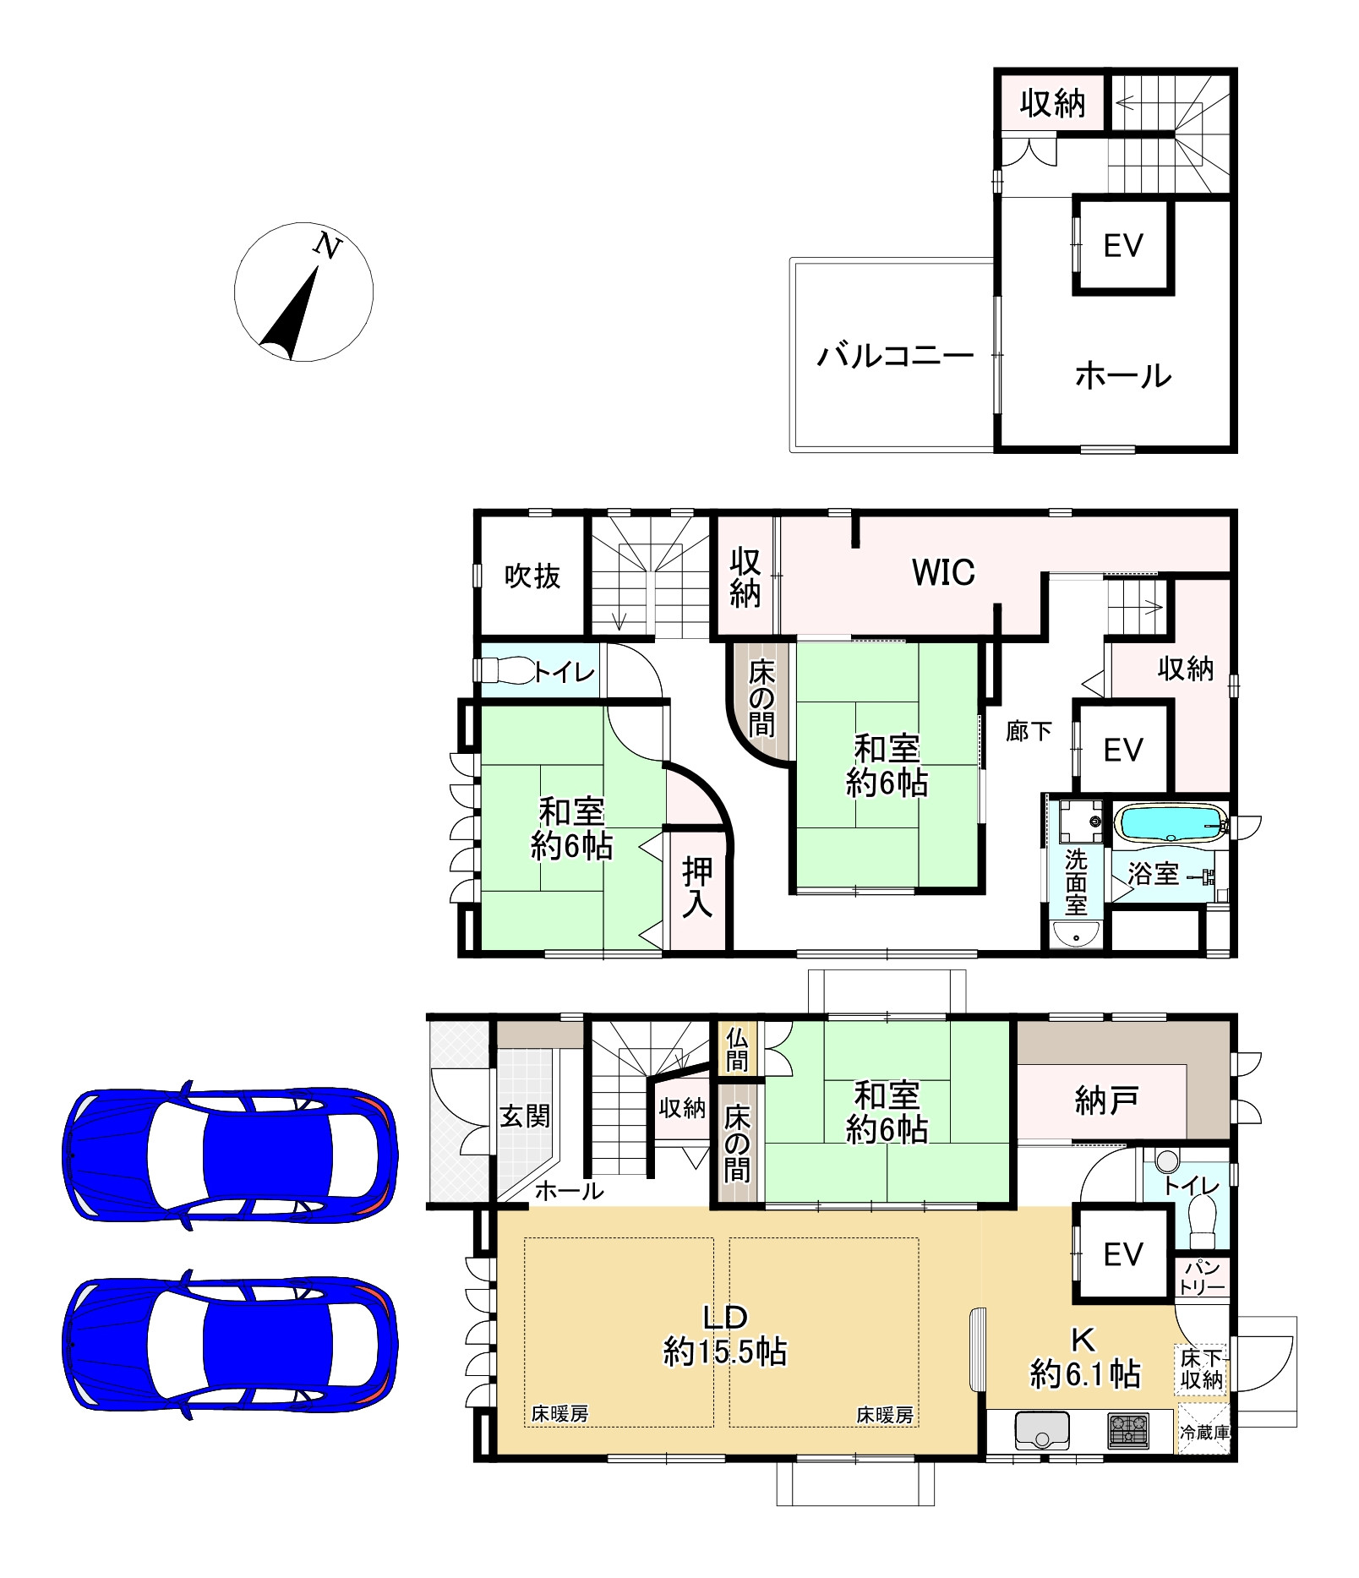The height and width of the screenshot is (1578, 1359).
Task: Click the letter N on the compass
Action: click(x=328, y=246)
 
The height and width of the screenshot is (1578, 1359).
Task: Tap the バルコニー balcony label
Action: click(x=895, y=357)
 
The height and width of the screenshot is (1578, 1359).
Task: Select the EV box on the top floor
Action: click(x=1123, y=246)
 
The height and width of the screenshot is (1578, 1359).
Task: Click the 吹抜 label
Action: click(x=532, y=576)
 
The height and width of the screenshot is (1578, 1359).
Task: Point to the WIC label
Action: click(x=943, y=573)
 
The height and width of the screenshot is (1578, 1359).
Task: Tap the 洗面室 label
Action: click(x=1075, y=882)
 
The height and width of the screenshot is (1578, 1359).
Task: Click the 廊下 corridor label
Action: click(x=1029, y=731)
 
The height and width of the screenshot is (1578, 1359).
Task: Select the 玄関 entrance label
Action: click(x=525, y=1116)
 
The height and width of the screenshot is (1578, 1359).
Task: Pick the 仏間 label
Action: click(x=737, y=1049)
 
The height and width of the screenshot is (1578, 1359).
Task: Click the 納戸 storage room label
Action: click(x=1106, y=1100)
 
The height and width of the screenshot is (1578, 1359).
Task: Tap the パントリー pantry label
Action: click(x=1202, y=1278)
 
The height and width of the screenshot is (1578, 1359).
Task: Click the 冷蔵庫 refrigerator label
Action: click(x=1206, y=1433)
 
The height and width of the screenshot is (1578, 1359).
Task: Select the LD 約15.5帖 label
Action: click(x=725, y=1335)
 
